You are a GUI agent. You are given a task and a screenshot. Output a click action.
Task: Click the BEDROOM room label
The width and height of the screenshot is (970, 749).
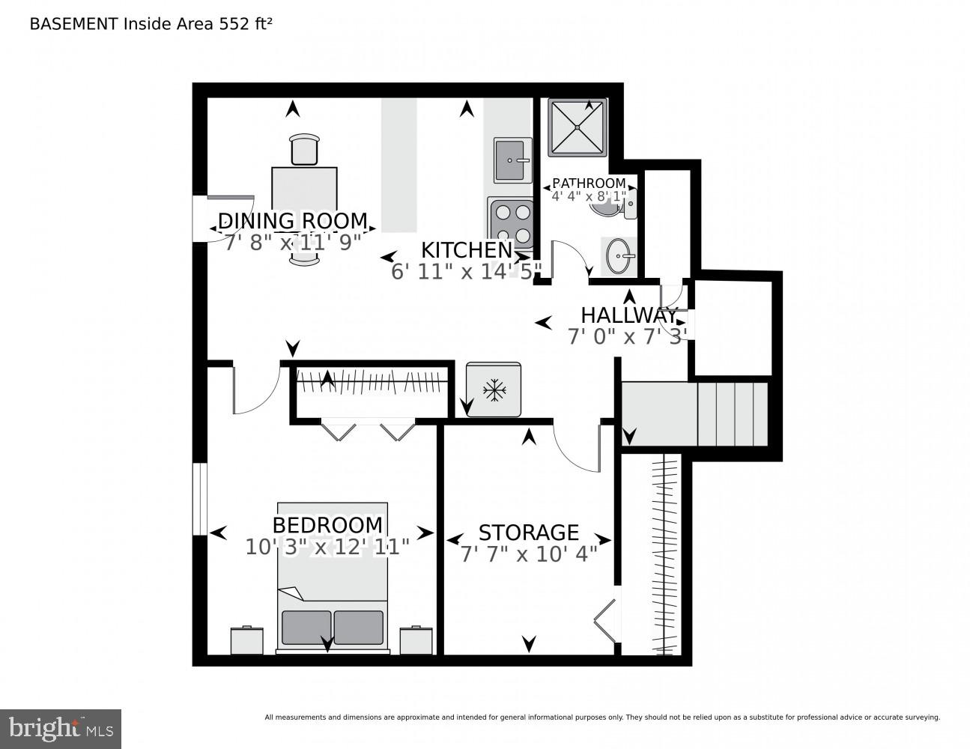(327, 525)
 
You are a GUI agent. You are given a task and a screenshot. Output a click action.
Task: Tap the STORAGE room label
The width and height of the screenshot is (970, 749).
(528, 533)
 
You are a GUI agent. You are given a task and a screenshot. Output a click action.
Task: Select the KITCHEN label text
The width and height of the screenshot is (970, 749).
(466, 250)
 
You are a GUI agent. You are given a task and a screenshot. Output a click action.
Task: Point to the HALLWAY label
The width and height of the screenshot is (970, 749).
(628, 315)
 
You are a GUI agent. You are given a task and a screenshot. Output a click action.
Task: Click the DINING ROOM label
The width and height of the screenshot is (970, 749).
(292, 221)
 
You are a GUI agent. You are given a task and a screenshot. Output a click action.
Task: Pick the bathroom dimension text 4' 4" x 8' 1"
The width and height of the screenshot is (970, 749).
(588, 197)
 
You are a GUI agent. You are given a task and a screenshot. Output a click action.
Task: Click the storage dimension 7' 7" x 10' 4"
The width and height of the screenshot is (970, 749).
(528, 554)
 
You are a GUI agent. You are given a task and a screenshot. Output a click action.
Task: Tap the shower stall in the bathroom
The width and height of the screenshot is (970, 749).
(577, 127)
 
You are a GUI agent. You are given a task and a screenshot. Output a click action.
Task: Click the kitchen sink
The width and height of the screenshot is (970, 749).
(512, 160)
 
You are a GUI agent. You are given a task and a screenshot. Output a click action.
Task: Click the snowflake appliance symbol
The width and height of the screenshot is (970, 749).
(493, 389)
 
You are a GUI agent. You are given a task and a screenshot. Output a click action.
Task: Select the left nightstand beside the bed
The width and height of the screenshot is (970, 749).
(246, 640)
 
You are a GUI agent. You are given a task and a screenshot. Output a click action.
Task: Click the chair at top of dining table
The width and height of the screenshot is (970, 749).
(304, 148)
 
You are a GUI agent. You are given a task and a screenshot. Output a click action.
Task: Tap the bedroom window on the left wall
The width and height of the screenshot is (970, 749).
(199, 499)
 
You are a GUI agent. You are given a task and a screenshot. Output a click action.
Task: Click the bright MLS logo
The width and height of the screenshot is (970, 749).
(60, 728)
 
